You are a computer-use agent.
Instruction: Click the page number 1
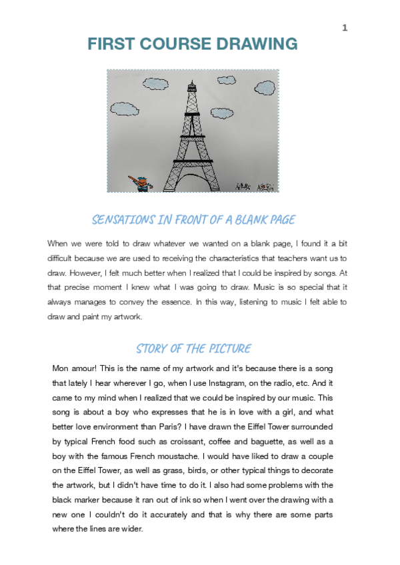[345, 27]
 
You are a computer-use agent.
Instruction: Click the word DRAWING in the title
[259, 45]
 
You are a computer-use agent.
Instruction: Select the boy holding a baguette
[142, 183]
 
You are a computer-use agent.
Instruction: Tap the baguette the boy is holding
[135, 179]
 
